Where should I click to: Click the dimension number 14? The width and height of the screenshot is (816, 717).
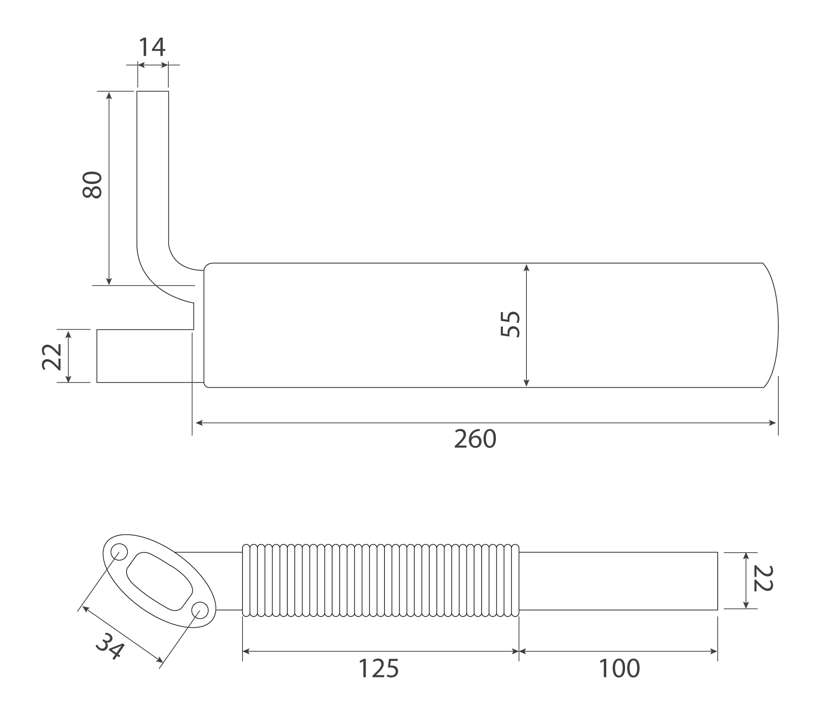coord(152,47)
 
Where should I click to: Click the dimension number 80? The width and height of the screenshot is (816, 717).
coord(93,185)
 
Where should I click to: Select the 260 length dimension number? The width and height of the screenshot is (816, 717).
coord(475,439)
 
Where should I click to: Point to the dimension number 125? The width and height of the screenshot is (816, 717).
coord(378,668)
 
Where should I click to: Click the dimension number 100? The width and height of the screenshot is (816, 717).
coord(619,668)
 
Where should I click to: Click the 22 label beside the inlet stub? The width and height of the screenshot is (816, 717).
coord(52,357)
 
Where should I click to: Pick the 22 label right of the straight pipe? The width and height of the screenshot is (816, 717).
coord(763,578)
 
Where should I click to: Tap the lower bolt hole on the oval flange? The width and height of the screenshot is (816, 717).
coord(200,610)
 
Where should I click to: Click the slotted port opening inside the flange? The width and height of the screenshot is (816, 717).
coord(159,582)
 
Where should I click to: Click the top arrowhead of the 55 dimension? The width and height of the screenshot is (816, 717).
coord(526,268)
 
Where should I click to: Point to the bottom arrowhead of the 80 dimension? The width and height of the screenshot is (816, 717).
coord(109,282)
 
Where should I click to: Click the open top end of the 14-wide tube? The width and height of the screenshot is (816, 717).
coord(153,92)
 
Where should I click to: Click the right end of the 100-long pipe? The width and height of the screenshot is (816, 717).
coord(717,581)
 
